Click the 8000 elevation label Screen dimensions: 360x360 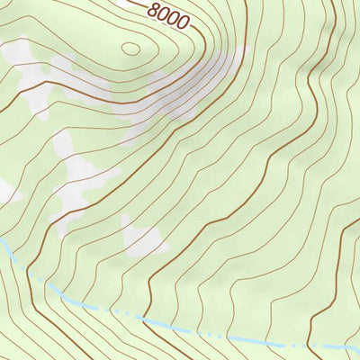[168, 16]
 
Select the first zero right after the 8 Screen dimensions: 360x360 [163, 13]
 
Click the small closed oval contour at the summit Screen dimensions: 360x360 [130, 49]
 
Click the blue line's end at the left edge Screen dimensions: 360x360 [2, 241]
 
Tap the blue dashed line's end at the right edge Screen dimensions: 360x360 [357, 346]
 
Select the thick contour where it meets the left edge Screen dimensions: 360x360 [2, 112]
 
